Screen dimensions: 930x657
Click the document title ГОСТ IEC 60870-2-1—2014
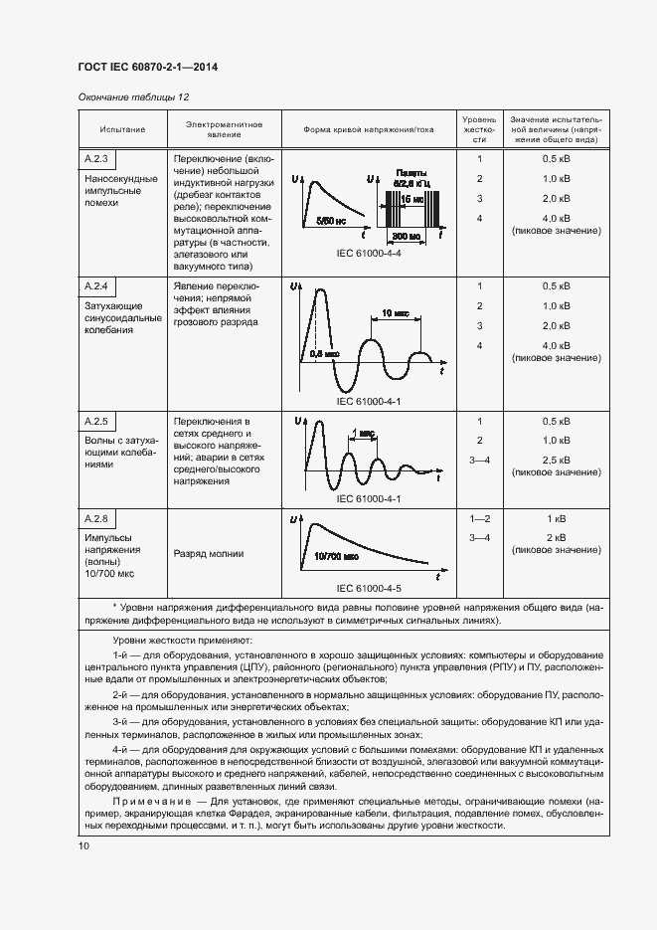click(x=147, y=67)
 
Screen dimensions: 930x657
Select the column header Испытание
click(x=122, y=130)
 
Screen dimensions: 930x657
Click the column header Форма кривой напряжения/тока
click(x=369, y=130)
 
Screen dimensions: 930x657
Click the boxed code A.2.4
click(x=96, y=286)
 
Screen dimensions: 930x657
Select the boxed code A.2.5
click(x=96, y=421)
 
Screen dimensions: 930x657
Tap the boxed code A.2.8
click(x=96, y=519)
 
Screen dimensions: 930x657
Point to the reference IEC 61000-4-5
click(x=369, y=588)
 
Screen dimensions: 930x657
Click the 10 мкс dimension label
click(x=395, y=313)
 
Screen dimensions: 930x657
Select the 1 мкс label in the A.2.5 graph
click(x=362, y=434)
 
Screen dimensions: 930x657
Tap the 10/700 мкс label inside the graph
click(x=335, y=558)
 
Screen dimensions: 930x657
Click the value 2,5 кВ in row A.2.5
click(x=556, y=460)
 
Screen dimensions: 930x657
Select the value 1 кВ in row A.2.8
click(x=556, y=519)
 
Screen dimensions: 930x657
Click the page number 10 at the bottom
click(x=83, y=845)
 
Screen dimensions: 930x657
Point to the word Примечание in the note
click(x=149, y=801)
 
